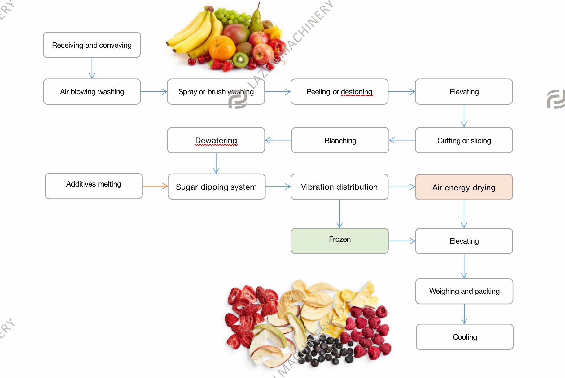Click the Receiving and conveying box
(92, 45)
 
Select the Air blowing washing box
(92, 92)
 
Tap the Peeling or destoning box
(339, 92)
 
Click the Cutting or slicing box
(464, 140)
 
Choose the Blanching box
(340, 140)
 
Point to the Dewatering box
(216, 140)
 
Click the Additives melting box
(94, 186)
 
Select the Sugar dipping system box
(216, 187)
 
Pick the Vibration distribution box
(339, 187)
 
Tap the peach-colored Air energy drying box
(464, 187)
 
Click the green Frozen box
(339, 241)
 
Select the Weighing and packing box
(464, 291)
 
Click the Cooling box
(465, 337)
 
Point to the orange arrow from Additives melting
(155, 186)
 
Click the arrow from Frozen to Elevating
(401, 241)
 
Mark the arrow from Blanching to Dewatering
(278, 140)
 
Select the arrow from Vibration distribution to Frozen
(339, 214)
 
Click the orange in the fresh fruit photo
(221, 48)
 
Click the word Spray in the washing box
(187, 92)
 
